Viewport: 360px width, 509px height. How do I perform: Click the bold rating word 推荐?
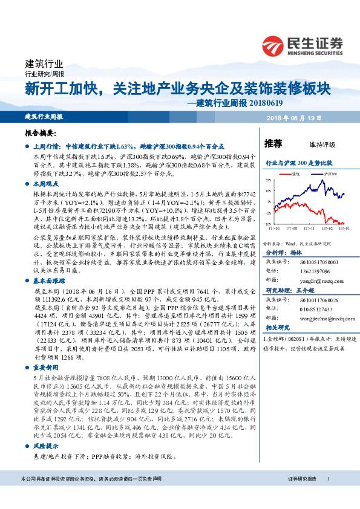273,143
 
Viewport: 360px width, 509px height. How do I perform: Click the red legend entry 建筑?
296,173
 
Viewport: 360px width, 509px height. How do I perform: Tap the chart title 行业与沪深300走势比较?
299,163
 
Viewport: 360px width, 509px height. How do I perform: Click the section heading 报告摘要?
40,132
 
